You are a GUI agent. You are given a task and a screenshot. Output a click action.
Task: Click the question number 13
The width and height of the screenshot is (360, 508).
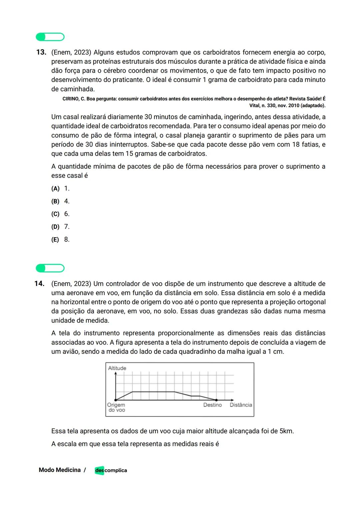pos(41,52)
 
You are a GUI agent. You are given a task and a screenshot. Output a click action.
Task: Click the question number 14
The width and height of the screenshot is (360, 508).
pos(39,284)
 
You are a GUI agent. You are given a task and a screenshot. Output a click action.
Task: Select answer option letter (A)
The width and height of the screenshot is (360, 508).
pos(55,189)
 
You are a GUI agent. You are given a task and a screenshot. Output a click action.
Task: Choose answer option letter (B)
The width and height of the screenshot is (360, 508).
pos(55,201)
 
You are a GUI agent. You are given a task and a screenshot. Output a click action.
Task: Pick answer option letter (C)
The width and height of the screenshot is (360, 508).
pos(55,214)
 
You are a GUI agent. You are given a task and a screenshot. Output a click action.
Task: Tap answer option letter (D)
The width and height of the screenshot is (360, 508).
pos(55,227)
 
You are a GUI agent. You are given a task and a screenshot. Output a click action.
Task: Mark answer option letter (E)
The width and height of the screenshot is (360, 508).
pos(55,240)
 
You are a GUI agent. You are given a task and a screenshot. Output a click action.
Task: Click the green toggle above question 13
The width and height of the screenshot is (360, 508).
pos(50,37)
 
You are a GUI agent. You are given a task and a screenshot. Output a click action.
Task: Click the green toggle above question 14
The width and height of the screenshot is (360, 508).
pos(50,268)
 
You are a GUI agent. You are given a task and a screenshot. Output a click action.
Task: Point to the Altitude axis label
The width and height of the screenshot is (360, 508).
pos(117,368)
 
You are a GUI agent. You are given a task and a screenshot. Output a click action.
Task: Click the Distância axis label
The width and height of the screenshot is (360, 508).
pos(241,405)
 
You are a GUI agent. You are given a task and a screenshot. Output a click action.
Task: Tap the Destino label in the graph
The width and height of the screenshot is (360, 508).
pos(212,405)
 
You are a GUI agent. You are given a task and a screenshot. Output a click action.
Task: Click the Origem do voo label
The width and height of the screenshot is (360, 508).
pos(116,407)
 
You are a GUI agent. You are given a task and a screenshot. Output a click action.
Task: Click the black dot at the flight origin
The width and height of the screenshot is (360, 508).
pos(116,400)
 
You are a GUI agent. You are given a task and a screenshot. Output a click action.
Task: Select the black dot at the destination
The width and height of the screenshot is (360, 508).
pos(216,400)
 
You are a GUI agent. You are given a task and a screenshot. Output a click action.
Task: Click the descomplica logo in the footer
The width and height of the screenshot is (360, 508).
pos(111,470)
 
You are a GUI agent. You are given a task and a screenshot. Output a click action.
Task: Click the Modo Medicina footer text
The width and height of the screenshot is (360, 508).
pos(60,470)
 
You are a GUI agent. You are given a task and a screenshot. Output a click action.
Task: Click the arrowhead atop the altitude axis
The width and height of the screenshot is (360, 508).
pos(116,373)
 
